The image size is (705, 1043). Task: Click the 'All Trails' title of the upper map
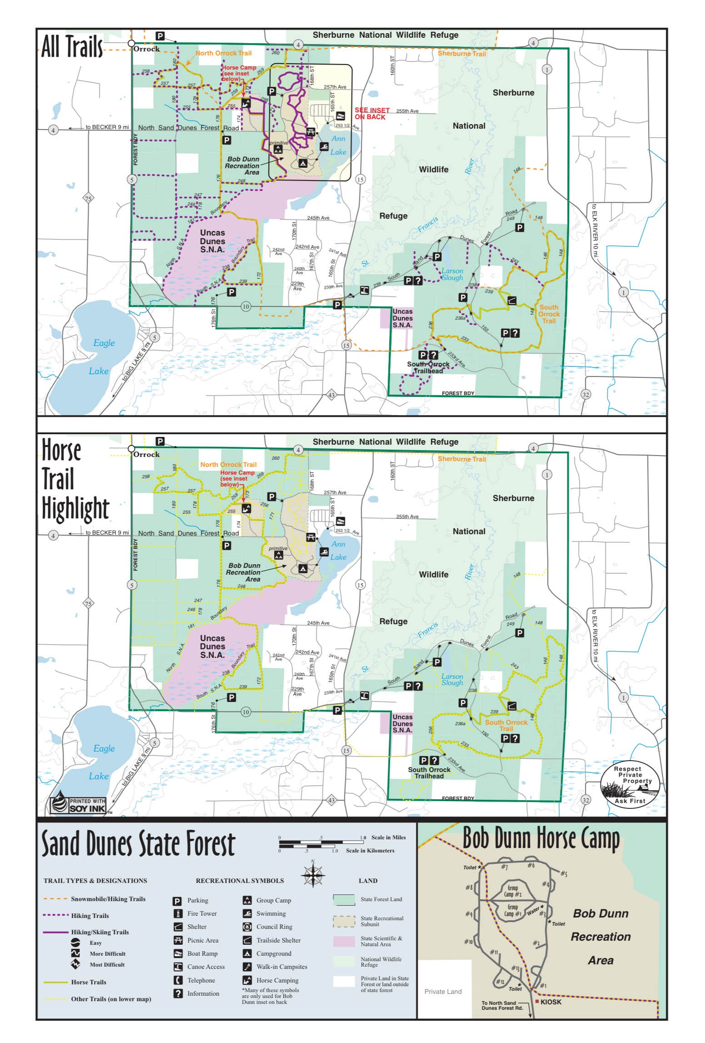[x=72, y=46]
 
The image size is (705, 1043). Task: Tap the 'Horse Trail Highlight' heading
[x=75, y=480]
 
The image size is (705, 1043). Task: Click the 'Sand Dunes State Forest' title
[x=138, y=844]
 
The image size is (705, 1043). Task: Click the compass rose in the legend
[x=313, y=874]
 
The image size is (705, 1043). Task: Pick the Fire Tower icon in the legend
[x=178, y=914]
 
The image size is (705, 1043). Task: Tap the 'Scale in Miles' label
[x=388, y=837]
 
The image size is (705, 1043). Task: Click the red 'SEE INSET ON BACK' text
[x=372, y=114]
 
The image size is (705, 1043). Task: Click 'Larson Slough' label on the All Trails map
[x=452, y=274]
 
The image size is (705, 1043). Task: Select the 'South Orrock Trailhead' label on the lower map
[x=429, y=772]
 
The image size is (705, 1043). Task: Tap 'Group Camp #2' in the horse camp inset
[x=512, y=891]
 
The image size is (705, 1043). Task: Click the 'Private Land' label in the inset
[x=443, y=992]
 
